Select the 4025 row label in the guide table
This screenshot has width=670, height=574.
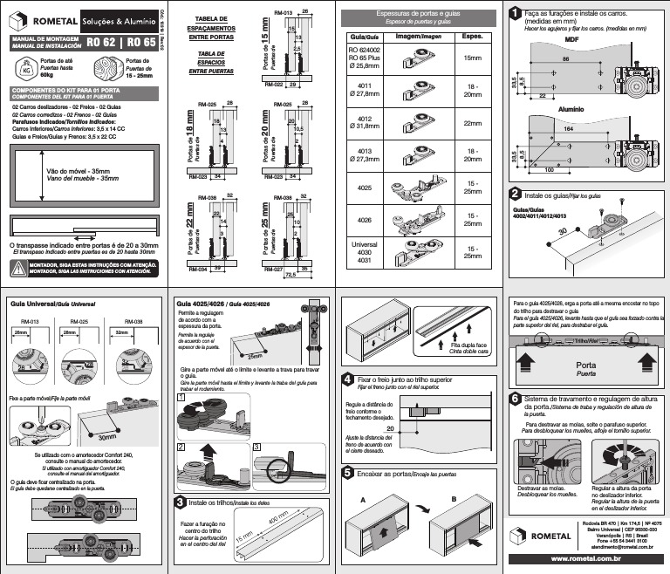(365, 187)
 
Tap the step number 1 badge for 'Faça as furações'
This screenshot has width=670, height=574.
(517, 13)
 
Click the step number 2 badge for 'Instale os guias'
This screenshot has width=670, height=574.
(517, 193)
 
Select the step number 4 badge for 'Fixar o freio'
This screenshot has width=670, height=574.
(348, 379)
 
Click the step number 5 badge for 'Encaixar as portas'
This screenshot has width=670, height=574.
(348, 472)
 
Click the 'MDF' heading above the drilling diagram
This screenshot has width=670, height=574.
(572, 40)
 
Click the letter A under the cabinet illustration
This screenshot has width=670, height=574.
(362, 499)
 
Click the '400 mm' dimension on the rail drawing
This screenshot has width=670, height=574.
(279, 523)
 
